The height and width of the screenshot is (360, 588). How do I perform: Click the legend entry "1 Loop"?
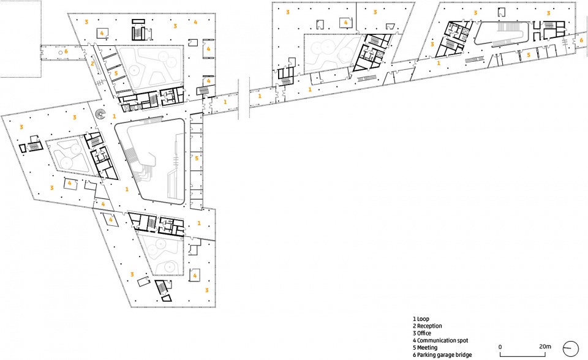(x=421, y=319)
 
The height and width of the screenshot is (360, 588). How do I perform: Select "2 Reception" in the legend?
(x=427, y=326)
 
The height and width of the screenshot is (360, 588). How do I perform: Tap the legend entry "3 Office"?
(x=422, y=334)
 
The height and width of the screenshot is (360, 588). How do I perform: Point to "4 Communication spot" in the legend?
(x=440, y=340)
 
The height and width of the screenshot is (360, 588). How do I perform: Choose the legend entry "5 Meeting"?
(x=425, y=348)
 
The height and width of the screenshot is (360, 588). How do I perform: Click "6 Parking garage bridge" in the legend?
(x=442, y=354)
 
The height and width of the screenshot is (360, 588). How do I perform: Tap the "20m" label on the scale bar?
(x=545, y=347)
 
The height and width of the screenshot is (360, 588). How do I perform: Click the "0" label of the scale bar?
(x=500, y=347)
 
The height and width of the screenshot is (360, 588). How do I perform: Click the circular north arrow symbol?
(x=571, y=349)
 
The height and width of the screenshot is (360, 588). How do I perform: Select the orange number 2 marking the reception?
(x=92, y=64)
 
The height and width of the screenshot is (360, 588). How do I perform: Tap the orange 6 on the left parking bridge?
(x=66, y=51)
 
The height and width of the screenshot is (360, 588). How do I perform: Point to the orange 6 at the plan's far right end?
(x=581, y=40)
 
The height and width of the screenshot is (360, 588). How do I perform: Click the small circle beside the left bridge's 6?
(x=61, y=53)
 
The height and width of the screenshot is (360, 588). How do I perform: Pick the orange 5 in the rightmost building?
(x=529, y=54)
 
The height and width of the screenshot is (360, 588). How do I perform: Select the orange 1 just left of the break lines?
(x=225, y=102)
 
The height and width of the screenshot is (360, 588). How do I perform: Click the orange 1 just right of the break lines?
(x=260, y=96)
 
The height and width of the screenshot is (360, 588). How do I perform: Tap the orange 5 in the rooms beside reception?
(x=116, y=73)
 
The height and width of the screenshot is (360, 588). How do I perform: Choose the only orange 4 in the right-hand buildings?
(x=345, y=23)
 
